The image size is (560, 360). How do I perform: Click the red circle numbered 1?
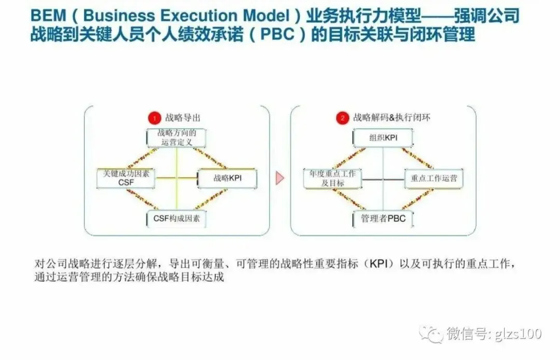(153, 118)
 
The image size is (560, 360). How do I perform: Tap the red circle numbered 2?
(342, 118)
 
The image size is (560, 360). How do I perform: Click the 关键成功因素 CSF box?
(126, 178)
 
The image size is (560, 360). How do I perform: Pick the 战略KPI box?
(228, 178)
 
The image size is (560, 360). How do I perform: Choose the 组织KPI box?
(383, 138)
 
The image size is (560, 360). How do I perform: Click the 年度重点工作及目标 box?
(332, 178)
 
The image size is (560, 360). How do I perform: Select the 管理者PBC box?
(383, 218)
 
